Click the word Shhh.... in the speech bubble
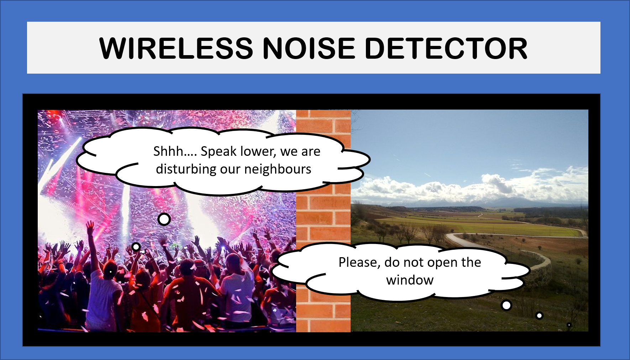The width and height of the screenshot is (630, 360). tap(175, 152)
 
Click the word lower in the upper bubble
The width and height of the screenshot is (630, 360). tap(258, 152)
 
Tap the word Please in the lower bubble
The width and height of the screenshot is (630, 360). tap(359, 263)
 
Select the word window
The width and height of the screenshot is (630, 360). tap(410, 280)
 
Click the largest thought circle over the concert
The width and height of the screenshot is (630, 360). tap(164, 219)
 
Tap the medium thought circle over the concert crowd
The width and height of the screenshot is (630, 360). tap(136, 247)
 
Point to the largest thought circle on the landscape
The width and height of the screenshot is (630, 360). tap(506, 305)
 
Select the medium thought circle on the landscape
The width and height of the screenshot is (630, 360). tap(540, 316)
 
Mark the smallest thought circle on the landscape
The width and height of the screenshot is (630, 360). tap(569, 325)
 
